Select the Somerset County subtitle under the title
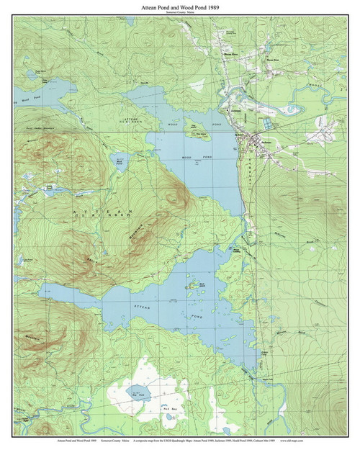click(169, 13)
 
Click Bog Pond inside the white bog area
click(135, 392)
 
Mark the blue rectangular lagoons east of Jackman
click(268, 124)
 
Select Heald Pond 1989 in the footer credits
click(261, 438)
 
